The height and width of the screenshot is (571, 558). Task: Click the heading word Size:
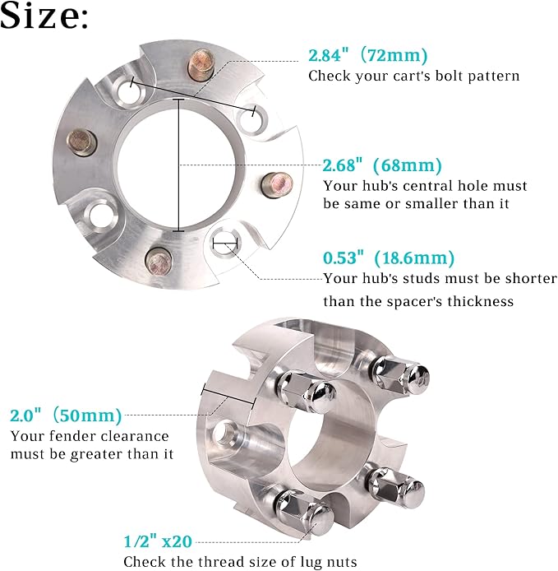click(x=44, y=16)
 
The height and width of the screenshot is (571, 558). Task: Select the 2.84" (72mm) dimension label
click(x=368, y=55)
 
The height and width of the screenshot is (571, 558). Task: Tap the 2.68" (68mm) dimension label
click(x=382, y=165)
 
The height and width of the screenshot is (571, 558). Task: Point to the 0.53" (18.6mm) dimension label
click(x=389, y=258)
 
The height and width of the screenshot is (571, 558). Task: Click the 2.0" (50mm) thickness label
click(x=66, y=415)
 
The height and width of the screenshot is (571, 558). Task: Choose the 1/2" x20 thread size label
click(x=158, y=541)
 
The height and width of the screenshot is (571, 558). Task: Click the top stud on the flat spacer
click(x=200, y=66)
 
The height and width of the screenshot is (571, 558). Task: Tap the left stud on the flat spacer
click(x=81, y=142)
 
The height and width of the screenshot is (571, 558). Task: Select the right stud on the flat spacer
click(x=278, y=185)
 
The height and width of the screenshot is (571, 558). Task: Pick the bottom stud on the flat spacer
click(x=159, y=262)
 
